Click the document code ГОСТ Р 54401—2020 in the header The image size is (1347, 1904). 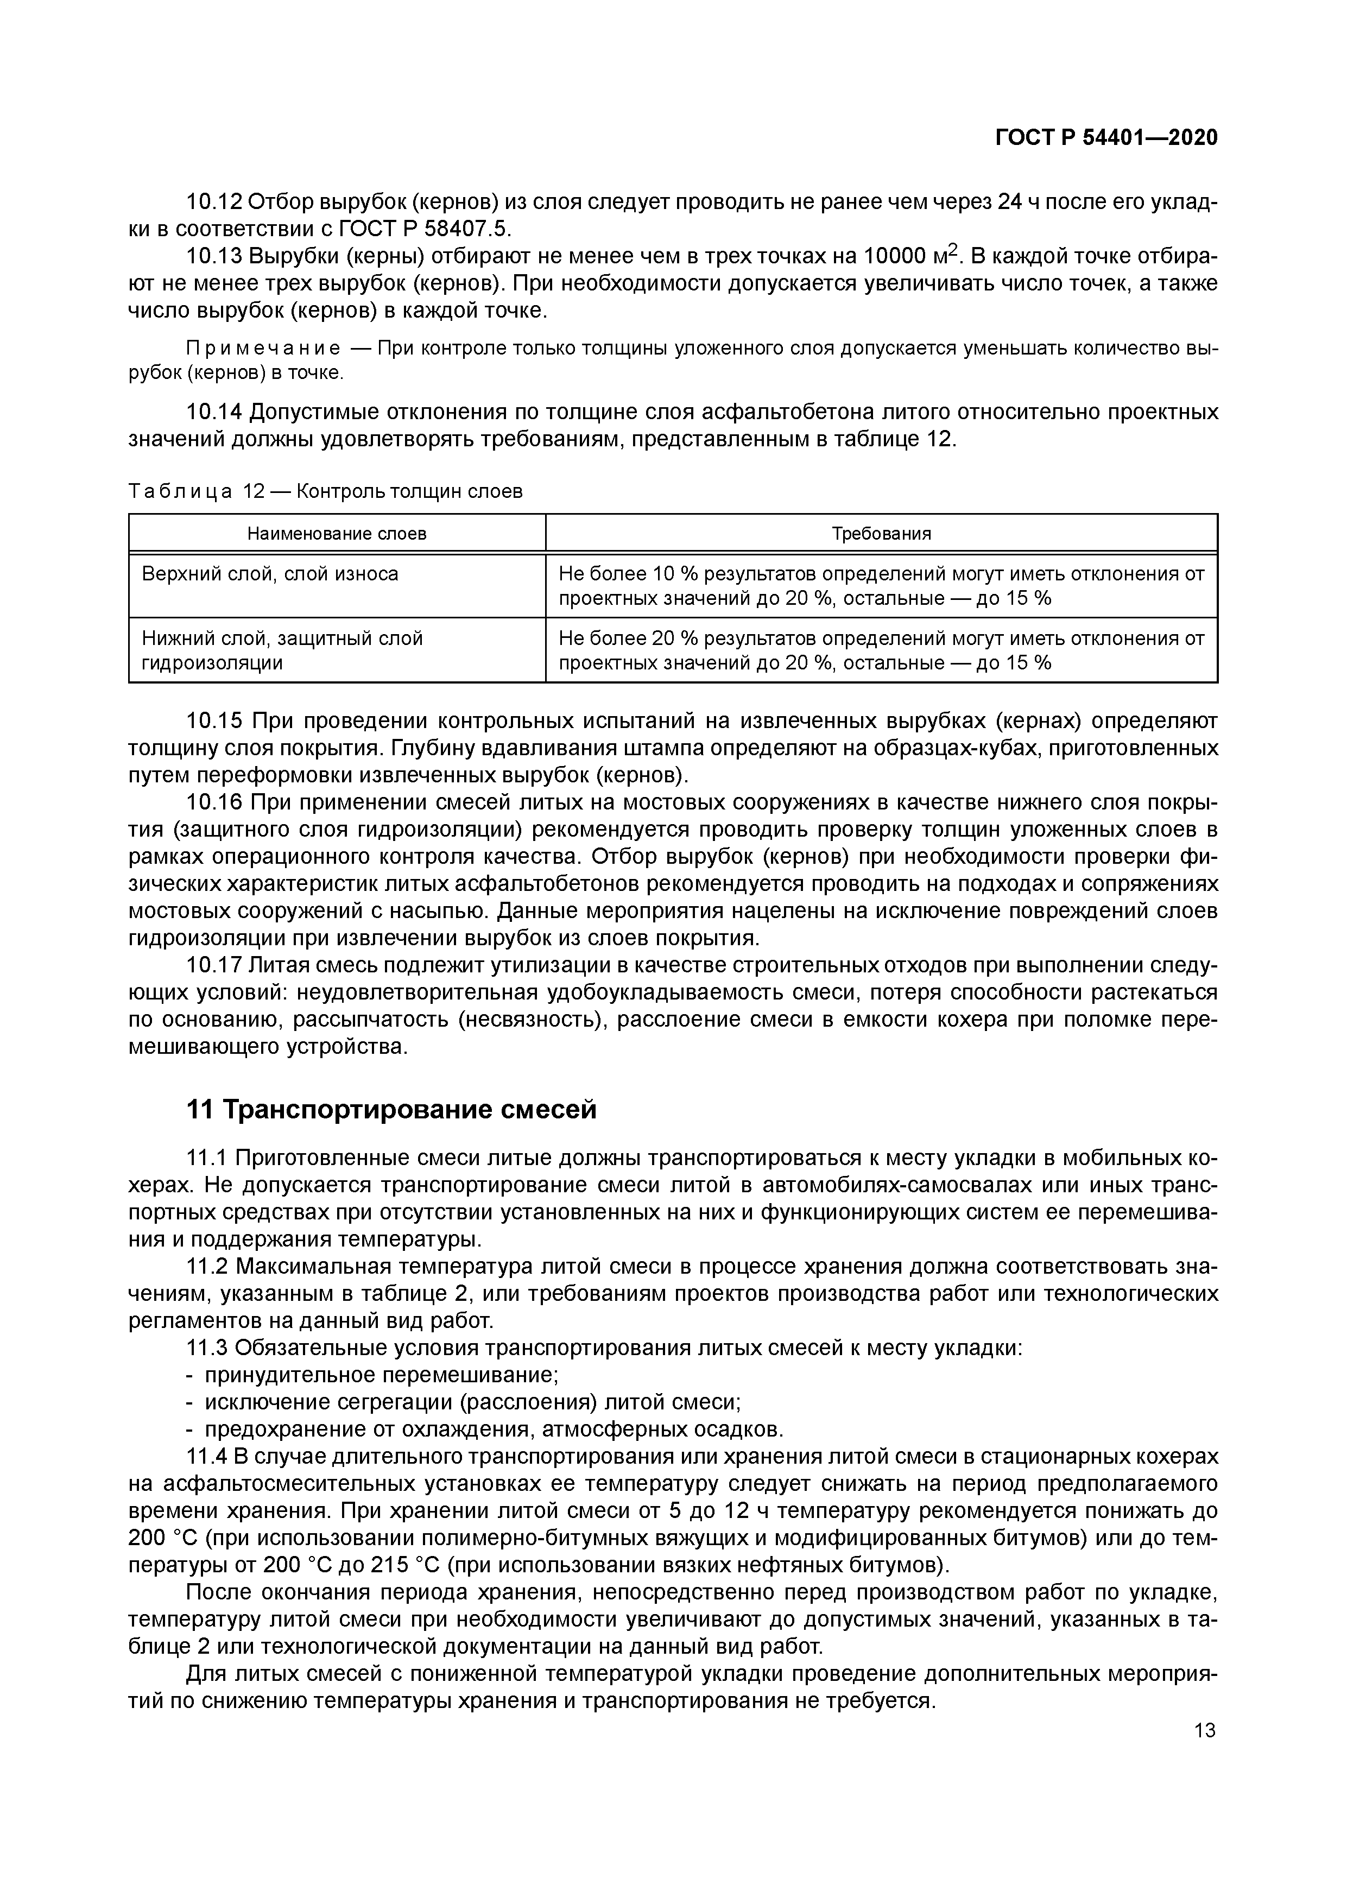click(x=1106, y=138)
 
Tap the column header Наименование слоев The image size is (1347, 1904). click(x=337, y=533)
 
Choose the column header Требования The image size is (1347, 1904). click(x=881, y=533)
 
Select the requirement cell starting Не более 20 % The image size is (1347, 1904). click(x=881, y=650)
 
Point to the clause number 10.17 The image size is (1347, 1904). click(x=214, y=965)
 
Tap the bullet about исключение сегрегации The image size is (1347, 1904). click(x=473, y=1402)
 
